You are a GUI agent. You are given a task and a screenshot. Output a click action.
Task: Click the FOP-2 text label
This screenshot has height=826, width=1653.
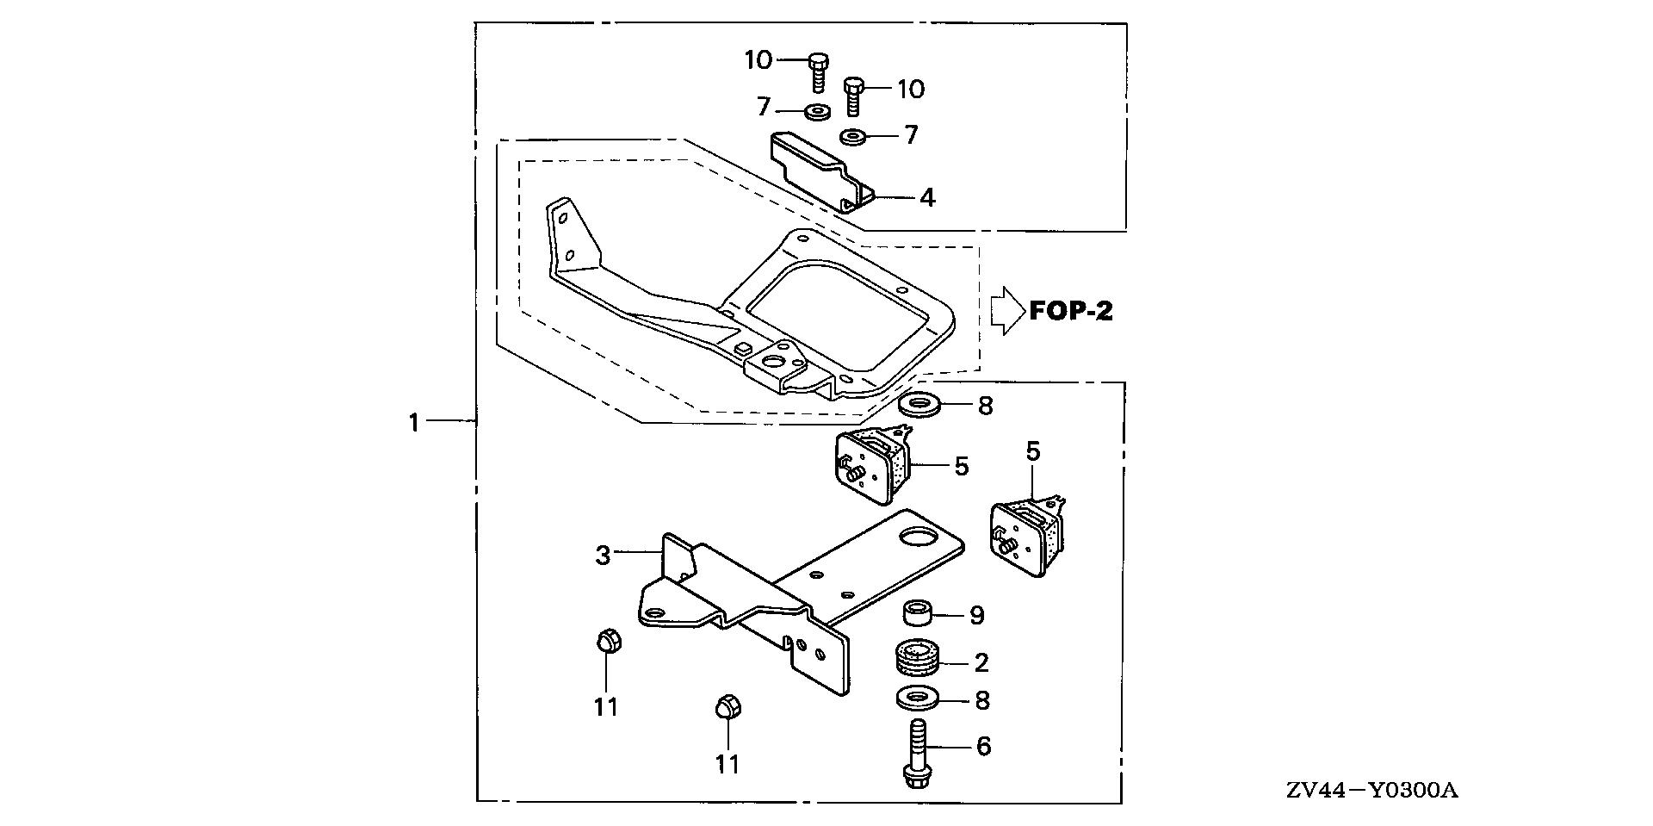(1071, 311)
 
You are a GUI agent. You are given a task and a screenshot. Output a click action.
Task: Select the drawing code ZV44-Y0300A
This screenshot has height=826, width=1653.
(1373, 791)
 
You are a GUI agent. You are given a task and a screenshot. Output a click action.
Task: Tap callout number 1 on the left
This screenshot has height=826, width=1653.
(414, 422)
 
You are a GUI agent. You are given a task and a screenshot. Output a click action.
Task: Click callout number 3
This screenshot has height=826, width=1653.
(603, 556)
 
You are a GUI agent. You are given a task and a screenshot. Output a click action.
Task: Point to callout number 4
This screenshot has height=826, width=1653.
(926, 197)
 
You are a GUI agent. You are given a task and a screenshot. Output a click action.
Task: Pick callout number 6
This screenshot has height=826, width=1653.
(983, 746)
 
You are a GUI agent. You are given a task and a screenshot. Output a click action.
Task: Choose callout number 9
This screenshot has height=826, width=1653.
(976, 615)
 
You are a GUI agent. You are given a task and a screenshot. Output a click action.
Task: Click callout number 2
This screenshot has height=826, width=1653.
(981, 662)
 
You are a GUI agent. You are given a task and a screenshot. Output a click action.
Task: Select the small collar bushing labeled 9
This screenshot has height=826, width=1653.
(917, 615)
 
